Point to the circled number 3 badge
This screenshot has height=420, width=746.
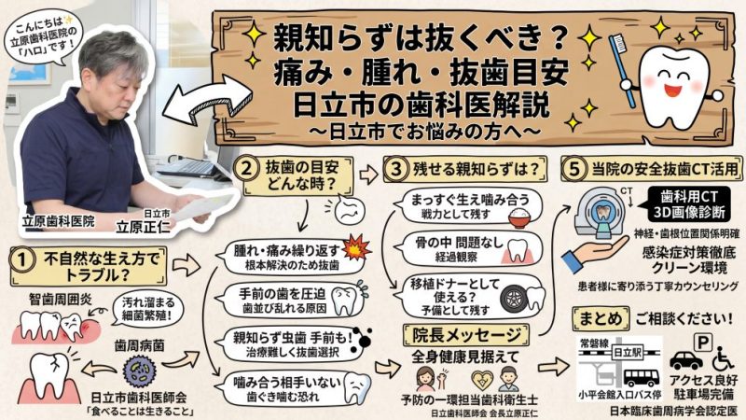coord(394,169)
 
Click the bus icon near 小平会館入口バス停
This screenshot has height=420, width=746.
coord(641,376)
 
